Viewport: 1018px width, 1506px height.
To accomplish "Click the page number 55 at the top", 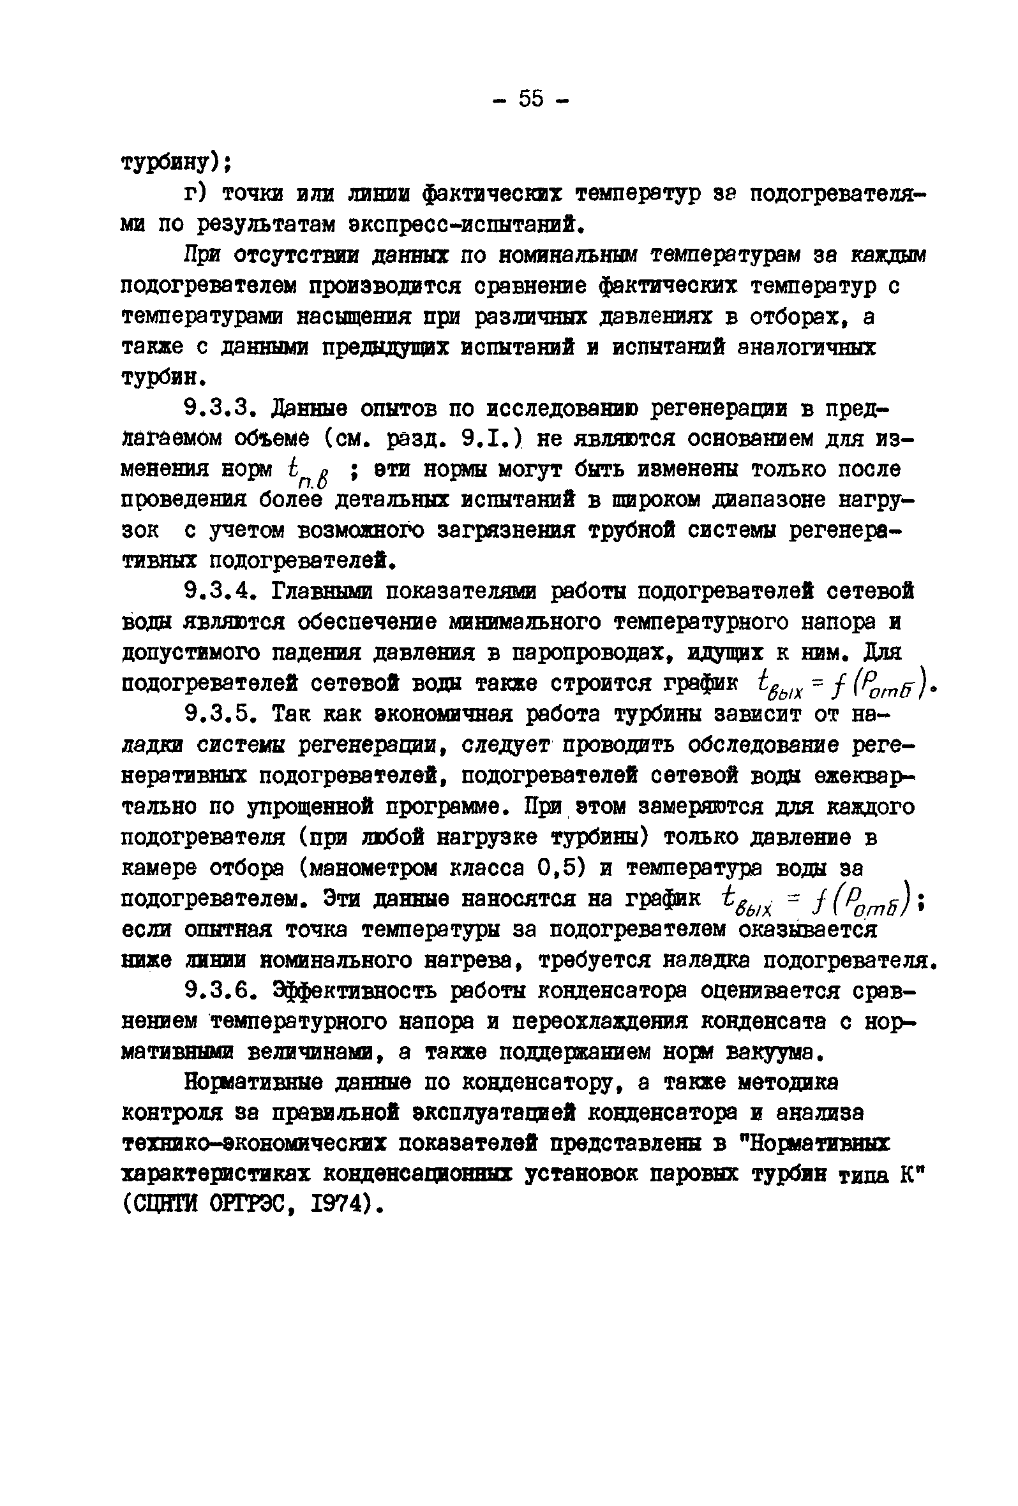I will [530, 99].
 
